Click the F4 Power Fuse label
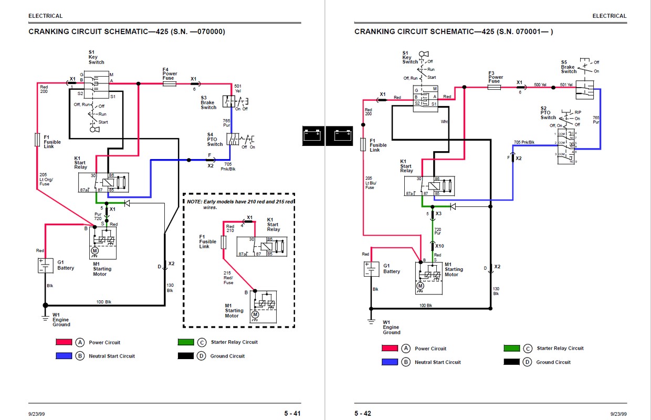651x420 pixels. [x=170, y=74]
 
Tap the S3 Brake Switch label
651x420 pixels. [x=208, y=102]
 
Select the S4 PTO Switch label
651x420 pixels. [x=215, y=140]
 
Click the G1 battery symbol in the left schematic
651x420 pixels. [x=45, y=266]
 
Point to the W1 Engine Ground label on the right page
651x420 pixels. [x=392, y=327]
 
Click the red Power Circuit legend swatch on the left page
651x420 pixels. [x=64, y=342]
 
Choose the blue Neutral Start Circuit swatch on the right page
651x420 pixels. [x=390, y=362]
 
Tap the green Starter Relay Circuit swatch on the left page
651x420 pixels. [x=186, y=342]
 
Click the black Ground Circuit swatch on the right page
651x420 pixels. [x=511, y=362]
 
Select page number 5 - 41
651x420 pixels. [x=292, y=413]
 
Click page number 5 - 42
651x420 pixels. [x=363, y=413]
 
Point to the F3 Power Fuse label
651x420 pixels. [x=496, y=77]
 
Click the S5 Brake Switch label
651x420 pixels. [x=569, y=67]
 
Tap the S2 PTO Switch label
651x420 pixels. [x=548, y=113]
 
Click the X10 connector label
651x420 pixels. [x=439, y=246]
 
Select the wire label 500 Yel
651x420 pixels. [x=540, y=85]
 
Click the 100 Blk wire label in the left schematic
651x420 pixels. [x=104, y=302]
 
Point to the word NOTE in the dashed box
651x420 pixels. [x=194, y=202]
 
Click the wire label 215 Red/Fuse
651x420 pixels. [x=228, y=278]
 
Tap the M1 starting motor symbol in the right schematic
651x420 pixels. [x=429, y=278]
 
